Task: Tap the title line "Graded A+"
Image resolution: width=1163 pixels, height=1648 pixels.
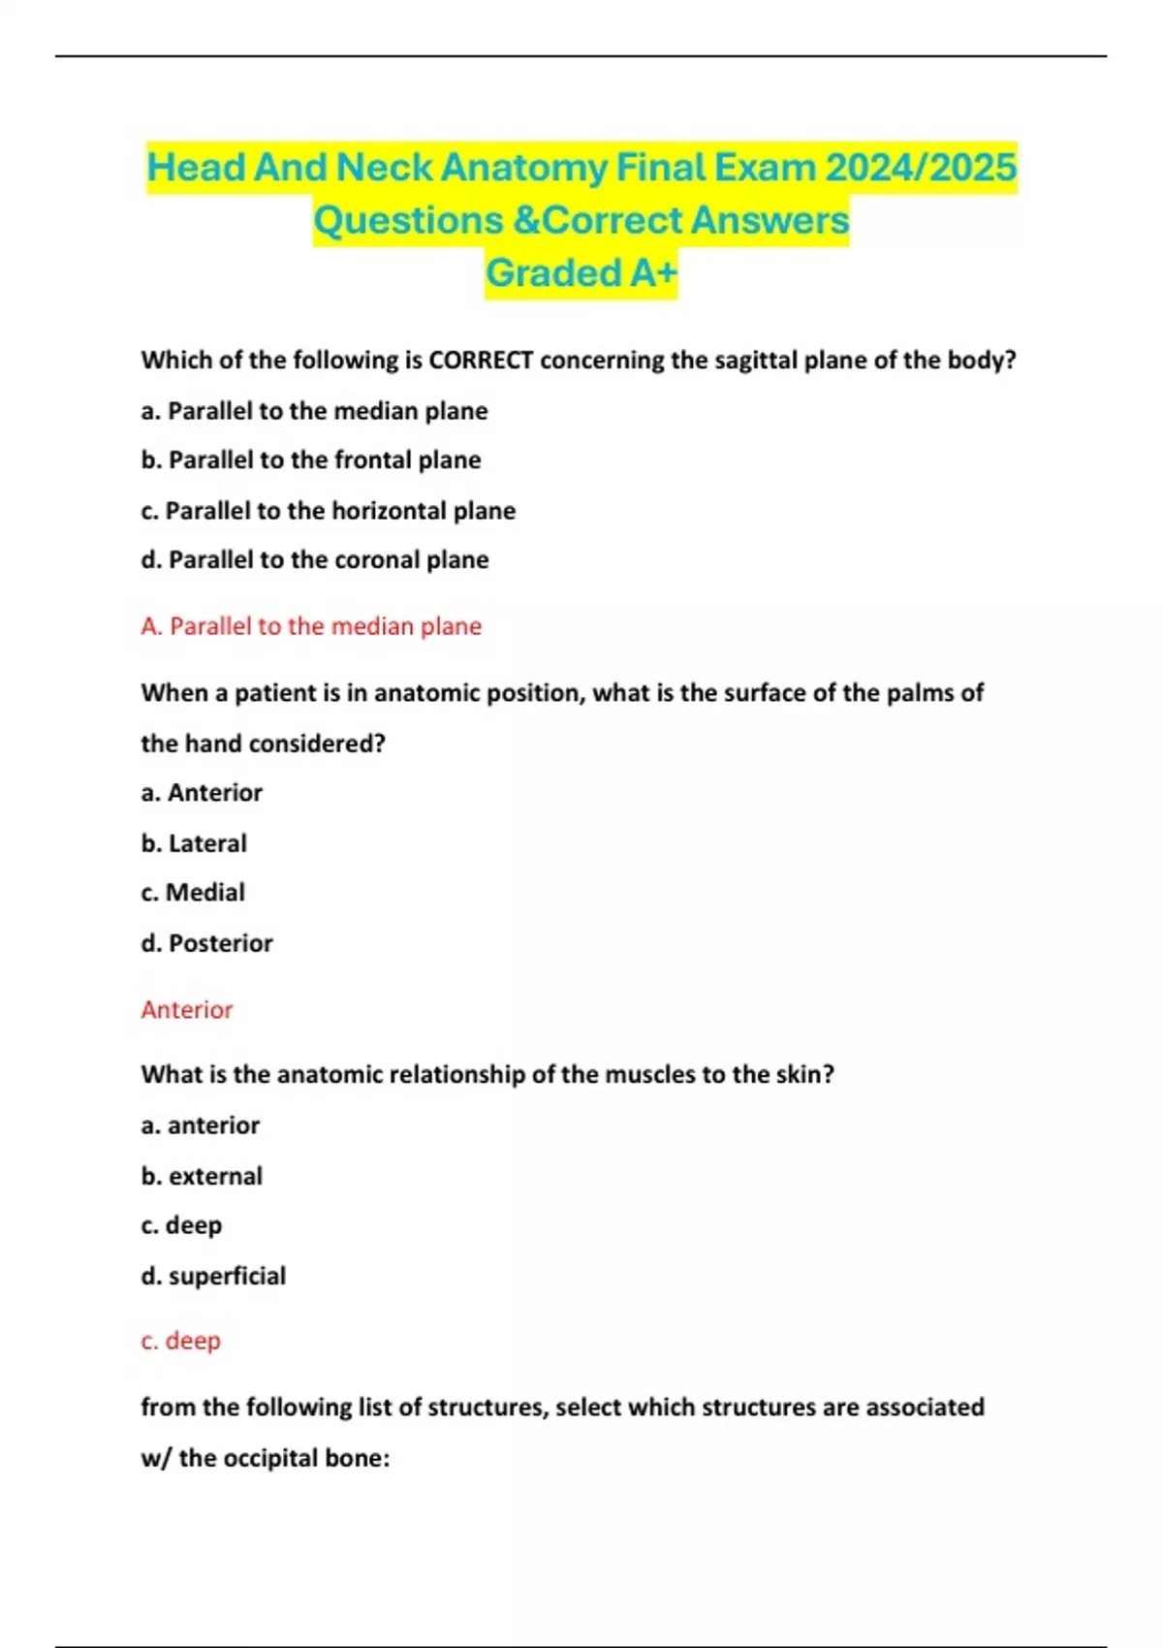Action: pyautogui.click(x=581, y=273)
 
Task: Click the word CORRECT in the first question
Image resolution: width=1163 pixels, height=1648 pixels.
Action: pyautogui.click(x=481, y=361)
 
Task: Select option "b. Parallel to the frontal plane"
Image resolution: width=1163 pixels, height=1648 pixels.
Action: pyautogui.click(x=311, y=460)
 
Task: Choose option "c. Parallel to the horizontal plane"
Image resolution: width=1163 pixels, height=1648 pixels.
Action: pyautogui.click(x=329, y=511)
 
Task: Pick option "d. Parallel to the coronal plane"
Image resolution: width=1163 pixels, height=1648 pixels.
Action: pyautogui.click(x=315, y=560)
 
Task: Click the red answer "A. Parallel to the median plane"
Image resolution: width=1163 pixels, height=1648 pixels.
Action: pyautogui.click(x=311, y=626)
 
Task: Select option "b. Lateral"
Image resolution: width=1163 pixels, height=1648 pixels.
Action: pyautogui.click(x=194, y=843)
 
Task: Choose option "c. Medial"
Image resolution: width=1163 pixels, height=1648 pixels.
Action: pyautogui.click(x=193, y=893)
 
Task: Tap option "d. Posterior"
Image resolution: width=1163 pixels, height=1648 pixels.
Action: pyautogui.click(x=206, y=943)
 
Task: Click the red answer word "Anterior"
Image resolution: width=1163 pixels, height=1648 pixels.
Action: pyautogui.click(x=187, y=1010)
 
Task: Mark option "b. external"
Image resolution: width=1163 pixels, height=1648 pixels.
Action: pyautogui.click(x=202, y=1176)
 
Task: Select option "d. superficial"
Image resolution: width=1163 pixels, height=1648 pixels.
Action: pyautogui.click(x=213, y=1276)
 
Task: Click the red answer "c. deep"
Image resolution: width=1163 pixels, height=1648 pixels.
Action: pyautogui.click(x=181, y=1341)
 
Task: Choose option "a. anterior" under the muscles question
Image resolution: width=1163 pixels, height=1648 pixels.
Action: pyautogui.click(x=201, y=1125)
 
